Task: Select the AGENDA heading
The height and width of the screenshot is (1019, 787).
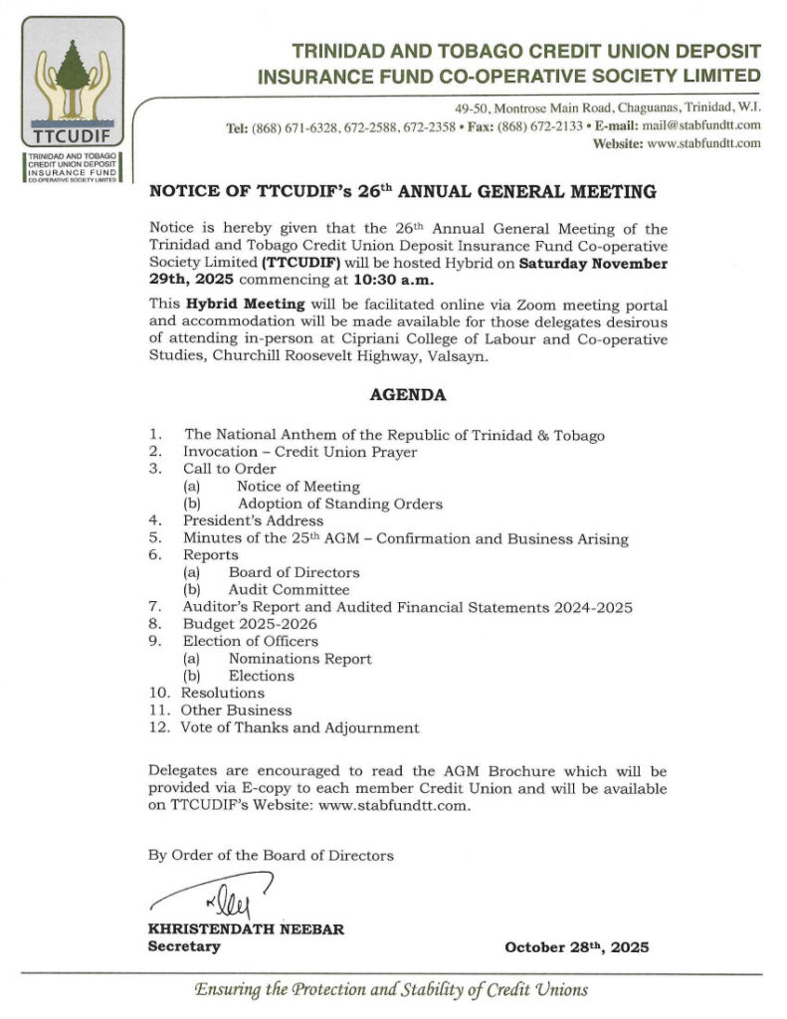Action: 408,394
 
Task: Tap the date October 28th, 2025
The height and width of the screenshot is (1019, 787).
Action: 576,946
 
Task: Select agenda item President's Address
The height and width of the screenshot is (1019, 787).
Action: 253,520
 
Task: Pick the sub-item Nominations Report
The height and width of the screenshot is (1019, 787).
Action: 299,658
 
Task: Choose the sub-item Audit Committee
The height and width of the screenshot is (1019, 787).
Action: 289,589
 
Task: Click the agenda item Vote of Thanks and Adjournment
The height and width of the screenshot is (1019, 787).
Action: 299,727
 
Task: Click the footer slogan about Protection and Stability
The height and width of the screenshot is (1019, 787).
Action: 391,990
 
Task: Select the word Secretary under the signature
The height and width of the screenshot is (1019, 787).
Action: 184,946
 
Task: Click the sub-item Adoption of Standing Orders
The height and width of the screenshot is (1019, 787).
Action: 339,504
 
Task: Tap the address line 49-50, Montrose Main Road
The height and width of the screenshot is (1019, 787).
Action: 518,106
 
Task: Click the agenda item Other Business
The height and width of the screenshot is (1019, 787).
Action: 236,711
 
